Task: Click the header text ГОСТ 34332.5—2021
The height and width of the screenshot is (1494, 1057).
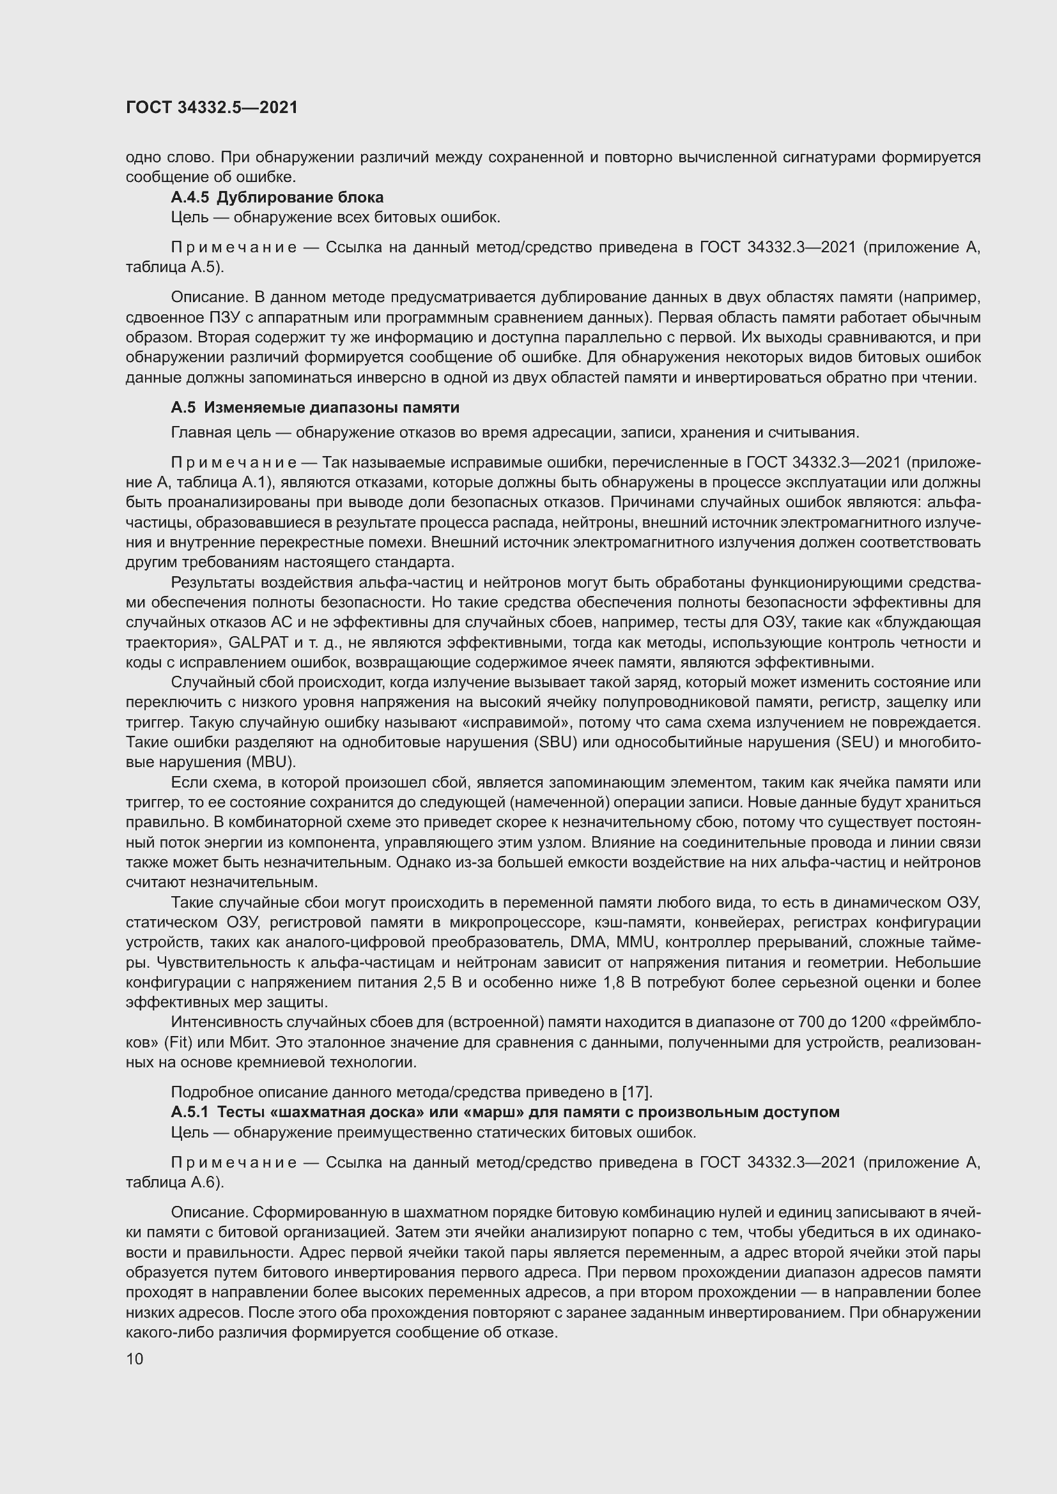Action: click(212, 108)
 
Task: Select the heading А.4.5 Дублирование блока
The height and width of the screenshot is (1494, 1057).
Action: click(277, 197)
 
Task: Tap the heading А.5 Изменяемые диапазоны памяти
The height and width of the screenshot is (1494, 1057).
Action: click(315, 408)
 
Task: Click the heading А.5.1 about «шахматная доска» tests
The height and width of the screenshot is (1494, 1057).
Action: click(505, 1112)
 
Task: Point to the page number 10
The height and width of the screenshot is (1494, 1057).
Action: click(135, 1359)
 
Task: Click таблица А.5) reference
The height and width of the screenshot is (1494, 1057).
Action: click(174, 268)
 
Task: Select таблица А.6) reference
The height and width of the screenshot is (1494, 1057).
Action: click(174, 1183)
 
